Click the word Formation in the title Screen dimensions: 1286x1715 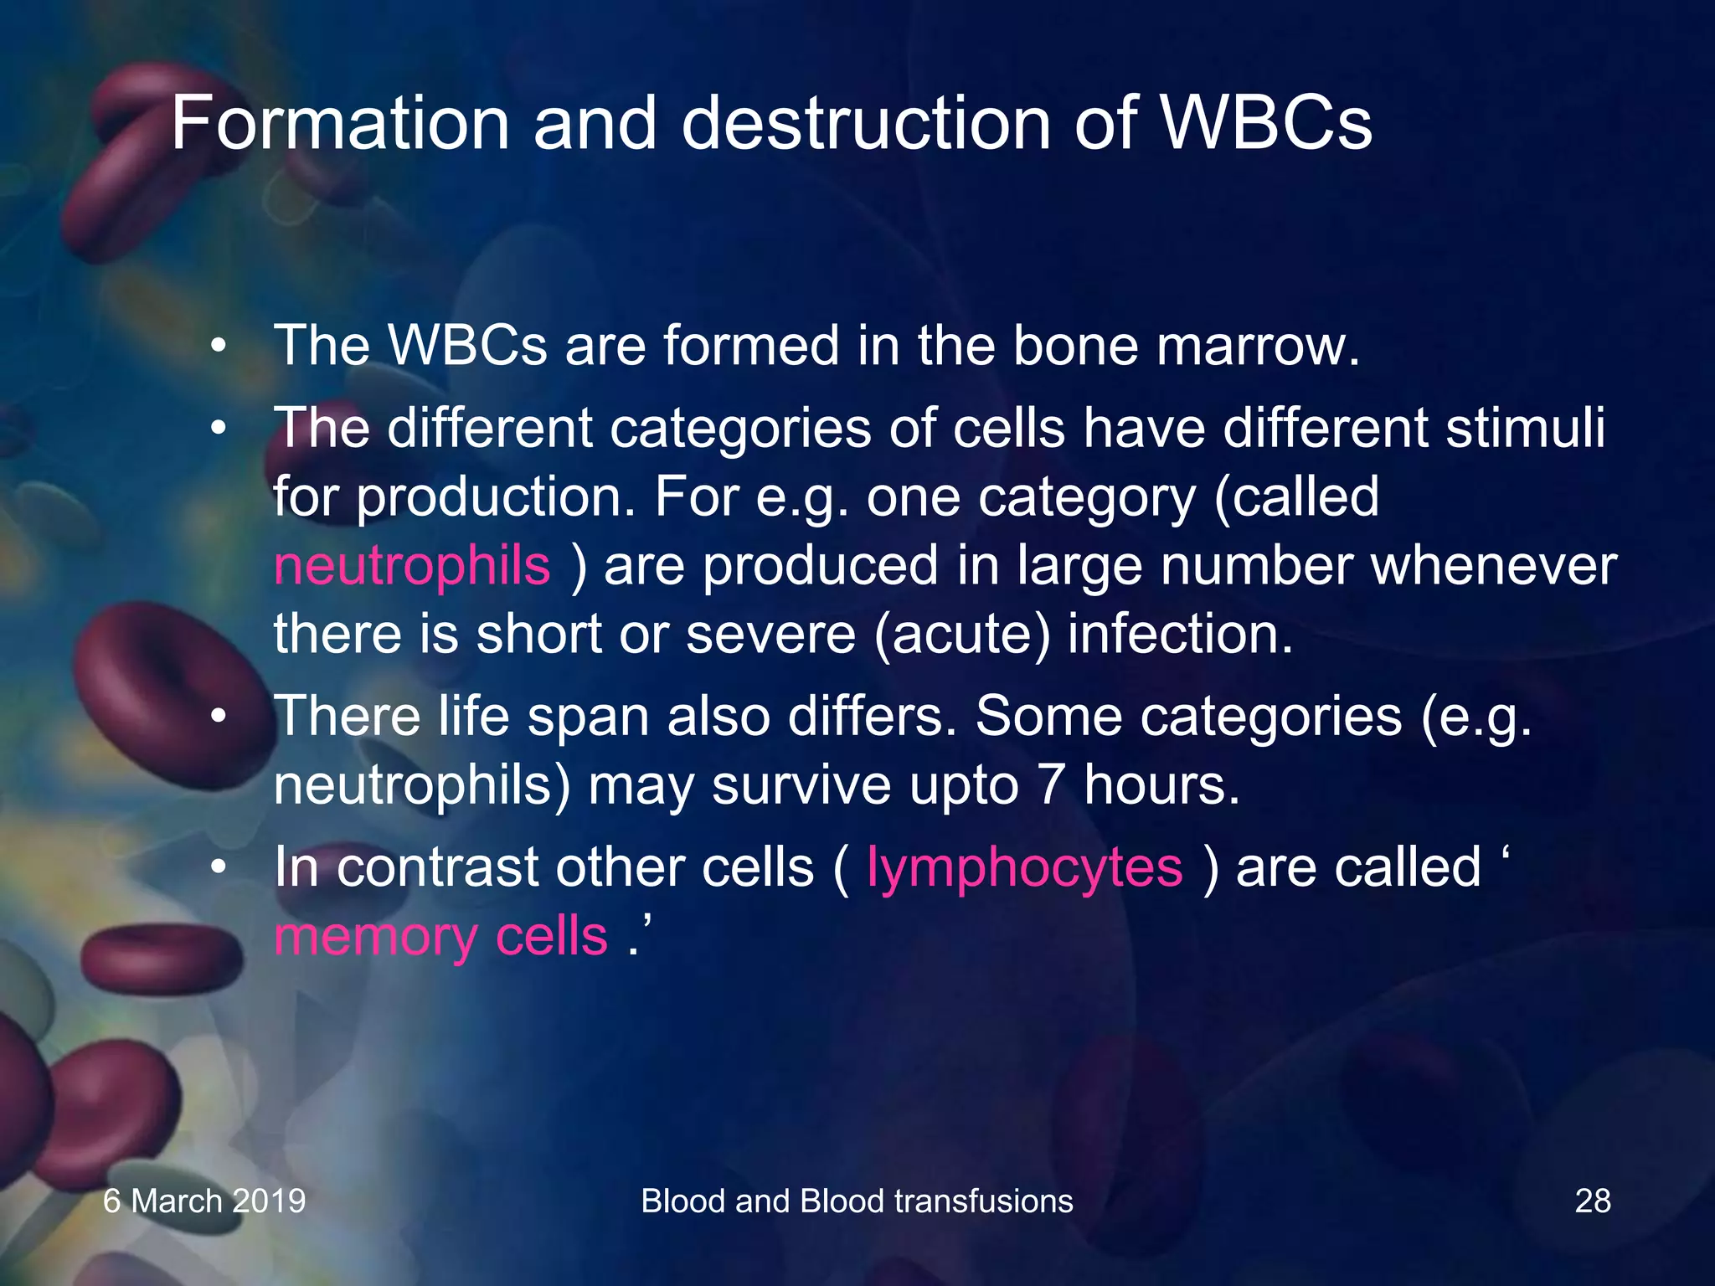[339, 124]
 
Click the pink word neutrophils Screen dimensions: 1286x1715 [412, 565]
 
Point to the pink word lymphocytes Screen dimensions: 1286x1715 [1024, 867]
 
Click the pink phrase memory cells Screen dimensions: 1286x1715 [440, 935]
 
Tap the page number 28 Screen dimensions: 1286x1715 [1592, 1201]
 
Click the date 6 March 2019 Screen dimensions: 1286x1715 [204, 1201]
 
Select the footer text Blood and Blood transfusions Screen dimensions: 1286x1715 [857, 1201]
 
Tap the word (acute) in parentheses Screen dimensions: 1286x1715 [961, 634]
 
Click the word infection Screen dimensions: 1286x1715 [1180, 634]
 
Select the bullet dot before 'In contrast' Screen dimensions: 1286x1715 [219, 868]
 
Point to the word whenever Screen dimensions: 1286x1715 [1493, 565]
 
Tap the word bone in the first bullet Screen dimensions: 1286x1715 [1074, 345]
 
